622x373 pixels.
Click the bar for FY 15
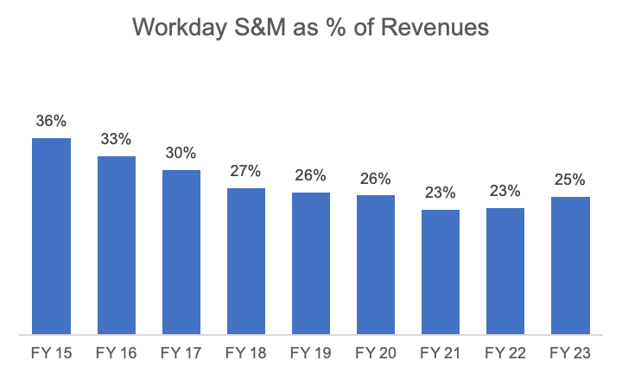[51, 236]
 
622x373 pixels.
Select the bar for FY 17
[181, 251]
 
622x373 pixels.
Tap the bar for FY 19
[310, 262]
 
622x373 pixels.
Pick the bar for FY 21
[440, 271]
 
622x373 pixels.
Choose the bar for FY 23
[570, 265]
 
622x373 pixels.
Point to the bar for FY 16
[116, 244]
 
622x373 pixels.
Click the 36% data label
[51, 122]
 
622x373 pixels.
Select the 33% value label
[116, 139]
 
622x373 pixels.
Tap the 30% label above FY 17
[181, 153]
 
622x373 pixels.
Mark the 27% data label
[245, 171]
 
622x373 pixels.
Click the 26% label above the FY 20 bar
[376, 179]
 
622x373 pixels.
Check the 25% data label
[570, 180]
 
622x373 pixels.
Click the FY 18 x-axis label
[245, 353]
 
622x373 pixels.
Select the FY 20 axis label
[376, 353]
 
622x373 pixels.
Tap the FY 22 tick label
[505, 353]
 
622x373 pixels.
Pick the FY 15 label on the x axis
[51, 353]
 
